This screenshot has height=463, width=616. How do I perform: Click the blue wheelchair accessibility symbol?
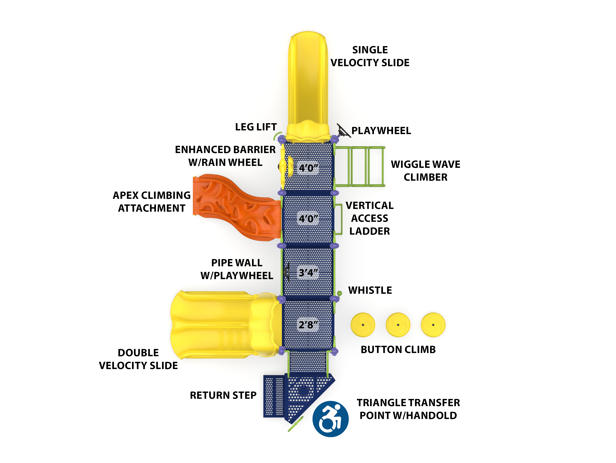tap(330, 419)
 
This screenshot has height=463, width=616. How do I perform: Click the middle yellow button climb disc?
tap(398, 325)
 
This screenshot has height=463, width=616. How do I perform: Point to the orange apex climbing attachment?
tap(237, 208)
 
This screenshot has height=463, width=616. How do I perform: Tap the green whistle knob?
tap(339, 293)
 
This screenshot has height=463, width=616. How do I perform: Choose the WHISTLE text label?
tap(370, 290)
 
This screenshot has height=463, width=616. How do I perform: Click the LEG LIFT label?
tap(256, 127)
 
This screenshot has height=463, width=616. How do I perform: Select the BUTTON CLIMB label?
tap(398, 350)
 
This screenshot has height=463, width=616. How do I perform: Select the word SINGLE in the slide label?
tap(370, 50)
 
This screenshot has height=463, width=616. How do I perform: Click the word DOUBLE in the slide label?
tap(138, 353)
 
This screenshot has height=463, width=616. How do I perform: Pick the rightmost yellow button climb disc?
tap(433, 325)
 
